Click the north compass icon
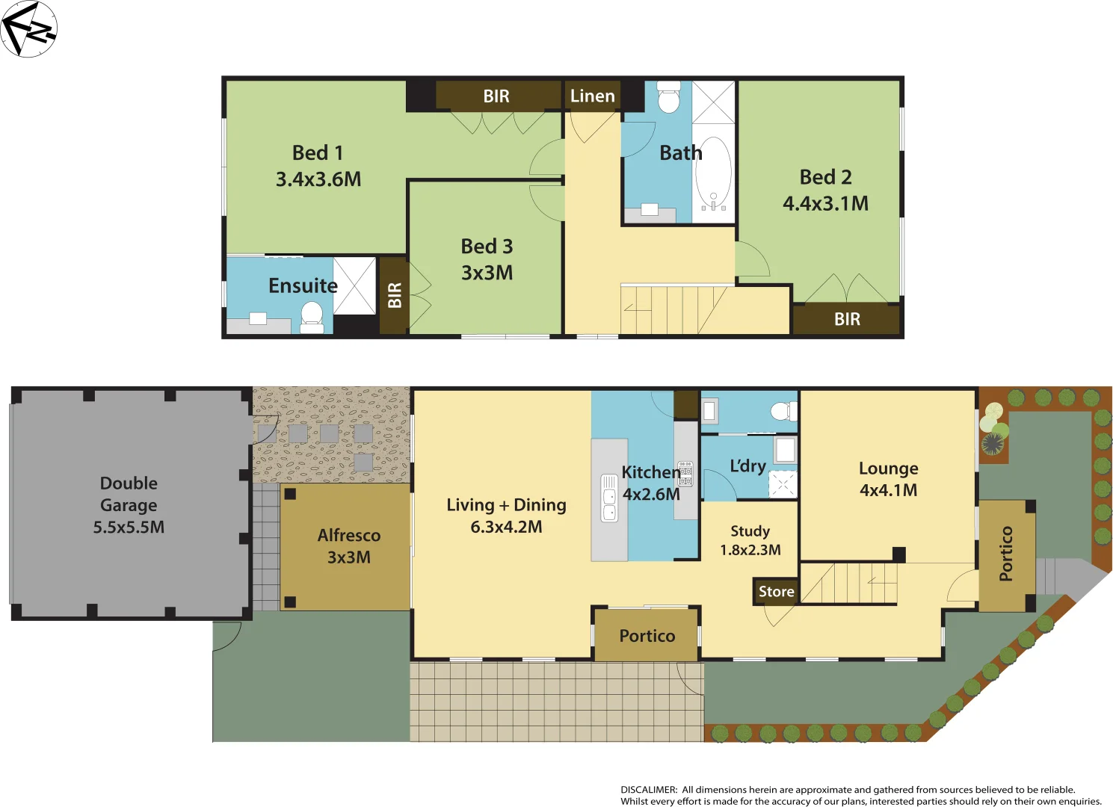click(x=28, y=29)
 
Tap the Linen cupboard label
click(x=592, y=96)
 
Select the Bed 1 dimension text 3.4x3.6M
click(x=318, y=179)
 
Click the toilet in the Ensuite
click(x=312, y=316)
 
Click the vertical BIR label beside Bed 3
click(x=395, y=295)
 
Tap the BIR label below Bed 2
click(x=847, y=319)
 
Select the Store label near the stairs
click(x=776, y=591)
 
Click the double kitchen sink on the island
click(x=610, y=498)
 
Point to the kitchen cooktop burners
click(x=685, y=474)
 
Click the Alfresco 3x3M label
click(x=348, y=546)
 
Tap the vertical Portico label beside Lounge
click(x=1006, y=554)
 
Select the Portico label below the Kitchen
click(x=647, y=636)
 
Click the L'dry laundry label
click(x=747, y=466)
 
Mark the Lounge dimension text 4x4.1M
click(x=888, y=490)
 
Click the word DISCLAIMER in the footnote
click(x=648, y=789)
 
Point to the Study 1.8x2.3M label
click(x=750, y=540)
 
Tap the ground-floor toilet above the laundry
click(x=784, y=411)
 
